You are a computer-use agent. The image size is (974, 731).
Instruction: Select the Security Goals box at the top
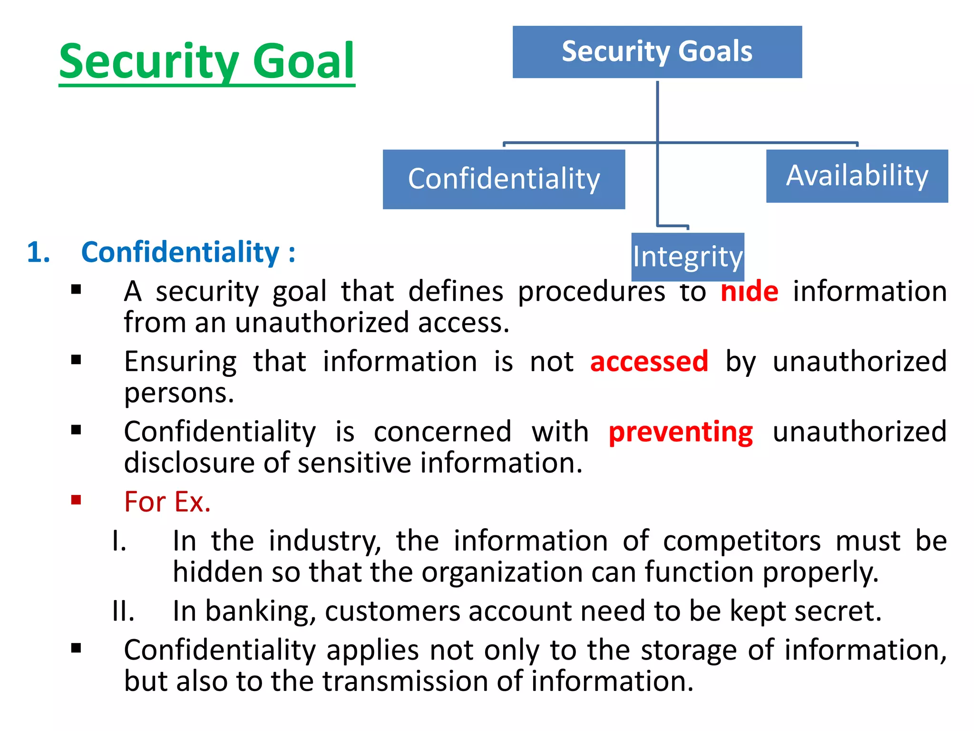click(657, 52)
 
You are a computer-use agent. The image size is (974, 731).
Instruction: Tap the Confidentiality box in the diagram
click(504, 179)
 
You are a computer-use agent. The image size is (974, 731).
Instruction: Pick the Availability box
click(857, 176)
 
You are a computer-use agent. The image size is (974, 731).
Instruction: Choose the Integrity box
click(687, 257)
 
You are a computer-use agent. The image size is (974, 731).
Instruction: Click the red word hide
click(749, 291)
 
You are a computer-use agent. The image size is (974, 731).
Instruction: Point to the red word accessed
click(649, 361)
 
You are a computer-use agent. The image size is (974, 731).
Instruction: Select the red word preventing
click(681, 432)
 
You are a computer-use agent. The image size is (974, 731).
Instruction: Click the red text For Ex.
click(167, 502)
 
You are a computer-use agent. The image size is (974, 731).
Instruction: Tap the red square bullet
click(76, 500)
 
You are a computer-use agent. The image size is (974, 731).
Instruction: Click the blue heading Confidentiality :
click(188, 252)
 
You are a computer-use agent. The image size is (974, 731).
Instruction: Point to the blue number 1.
click(39, 252)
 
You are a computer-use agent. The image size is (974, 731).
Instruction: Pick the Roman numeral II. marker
click(123, 611)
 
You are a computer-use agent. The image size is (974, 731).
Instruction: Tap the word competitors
click(741, 541)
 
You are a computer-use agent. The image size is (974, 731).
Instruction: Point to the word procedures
click(591, 291)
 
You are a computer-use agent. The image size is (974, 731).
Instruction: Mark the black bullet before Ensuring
click(76, 360)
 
